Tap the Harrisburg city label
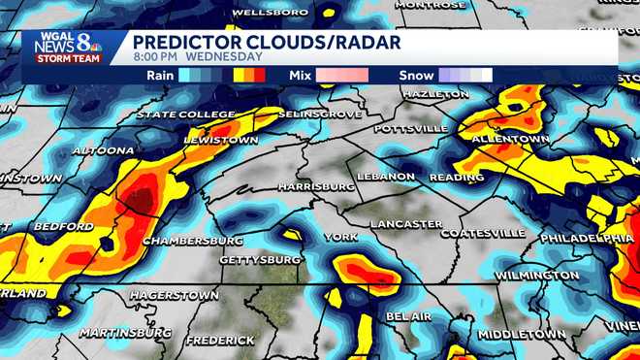pos(316,185)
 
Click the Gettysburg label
pos(260,260)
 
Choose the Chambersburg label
pos(192,240)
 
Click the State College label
pos(185,115)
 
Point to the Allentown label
pos(510,140)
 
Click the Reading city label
pos(450,178)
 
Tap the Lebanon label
pos(385,177)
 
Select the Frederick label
pos(220,341)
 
